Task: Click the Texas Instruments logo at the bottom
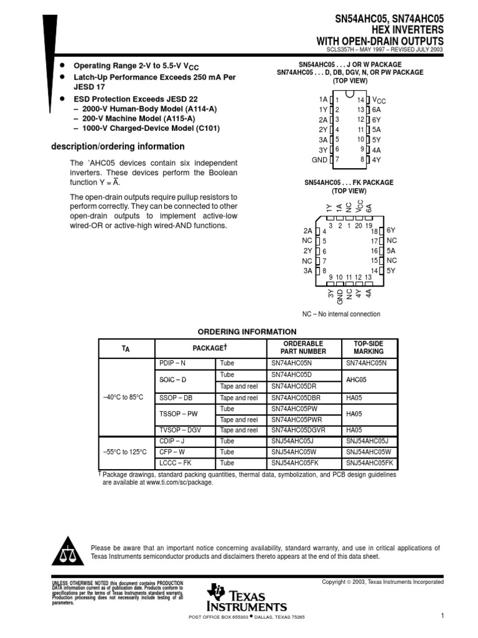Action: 247,599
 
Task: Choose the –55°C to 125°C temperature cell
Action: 126,452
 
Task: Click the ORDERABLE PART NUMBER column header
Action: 304,348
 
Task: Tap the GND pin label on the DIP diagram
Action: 319,159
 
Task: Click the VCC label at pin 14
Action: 379,100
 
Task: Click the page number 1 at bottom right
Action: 442,616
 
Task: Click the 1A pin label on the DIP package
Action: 322,100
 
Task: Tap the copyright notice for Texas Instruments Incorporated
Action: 382,582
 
